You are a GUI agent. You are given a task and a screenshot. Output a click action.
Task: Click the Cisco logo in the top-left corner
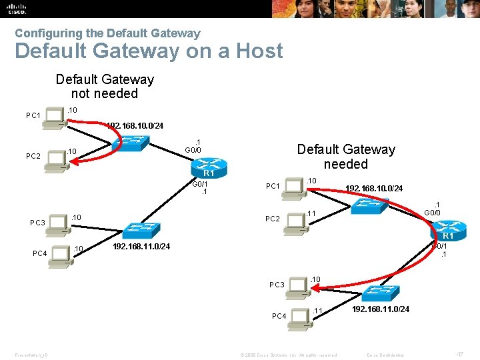[x=17, y=8]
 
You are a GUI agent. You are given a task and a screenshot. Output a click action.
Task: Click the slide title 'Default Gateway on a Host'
[x=149, y=51]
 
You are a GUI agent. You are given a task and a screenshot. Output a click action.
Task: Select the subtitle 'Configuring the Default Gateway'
[x=107, y=33]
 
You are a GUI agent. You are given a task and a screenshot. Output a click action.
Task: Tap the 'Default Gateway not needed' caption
[x=105, y=87]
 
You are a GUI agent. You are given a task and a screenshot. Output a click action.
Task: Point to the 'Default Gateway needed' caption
[x=345, y=157]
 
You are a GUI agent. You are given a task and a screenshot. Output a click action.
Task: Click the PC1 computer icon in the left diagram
[x=55, y=115]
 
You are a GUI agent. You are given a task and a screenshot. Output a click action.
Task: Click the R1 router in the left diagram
[x=209, y=166]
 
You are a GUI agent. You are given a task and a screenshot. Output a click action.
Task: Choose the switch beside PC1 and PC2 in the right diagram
[x=366, y=206]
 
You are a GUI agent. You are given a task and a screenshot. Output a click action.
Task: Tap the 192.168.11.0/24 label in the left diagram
[x=141, y=247]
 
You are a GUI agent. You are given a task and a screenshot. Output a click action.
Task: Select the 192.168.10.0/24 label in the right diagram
[x=373, y=189]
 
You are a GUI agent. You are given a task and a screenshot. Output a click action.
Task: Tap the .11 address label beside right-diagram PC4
[x=317, y=311]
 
